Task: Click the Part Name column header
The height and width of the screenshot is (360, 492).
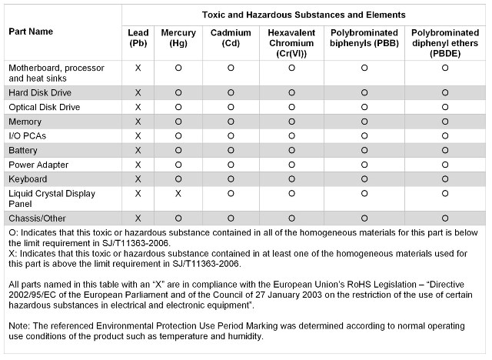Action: pos(31,32)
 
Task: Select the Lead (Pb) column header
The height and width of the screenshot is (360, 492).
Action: pos(138,38)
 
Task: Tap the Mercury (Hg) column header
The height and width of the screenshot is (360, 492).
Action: pos(178,38)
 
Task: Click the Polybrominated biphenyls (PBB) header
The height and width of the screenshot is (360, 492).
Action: pos(364,38)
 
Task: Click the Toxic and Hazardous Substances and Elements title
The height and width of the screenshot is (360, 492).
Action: pos(304,15)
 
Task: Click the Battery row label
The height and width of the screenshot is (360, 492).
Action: pos(23,150)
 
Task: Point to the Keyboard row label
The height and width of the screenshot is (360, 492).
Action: pos(28,179)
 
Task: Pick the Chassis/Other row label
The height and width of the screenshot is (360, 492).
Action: pos(36,218)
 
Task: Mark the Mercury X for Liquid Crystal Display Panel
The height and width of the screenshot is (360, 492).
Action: pos(178,194)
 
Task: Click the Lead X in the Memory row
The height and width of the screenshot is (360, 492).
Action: pos(138,122)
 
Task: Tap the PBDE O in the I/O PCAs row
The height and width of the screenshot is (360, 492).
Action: pos(445,136)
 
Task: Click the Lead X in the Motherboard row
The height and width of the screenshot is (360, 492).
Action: pos(138,68)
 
